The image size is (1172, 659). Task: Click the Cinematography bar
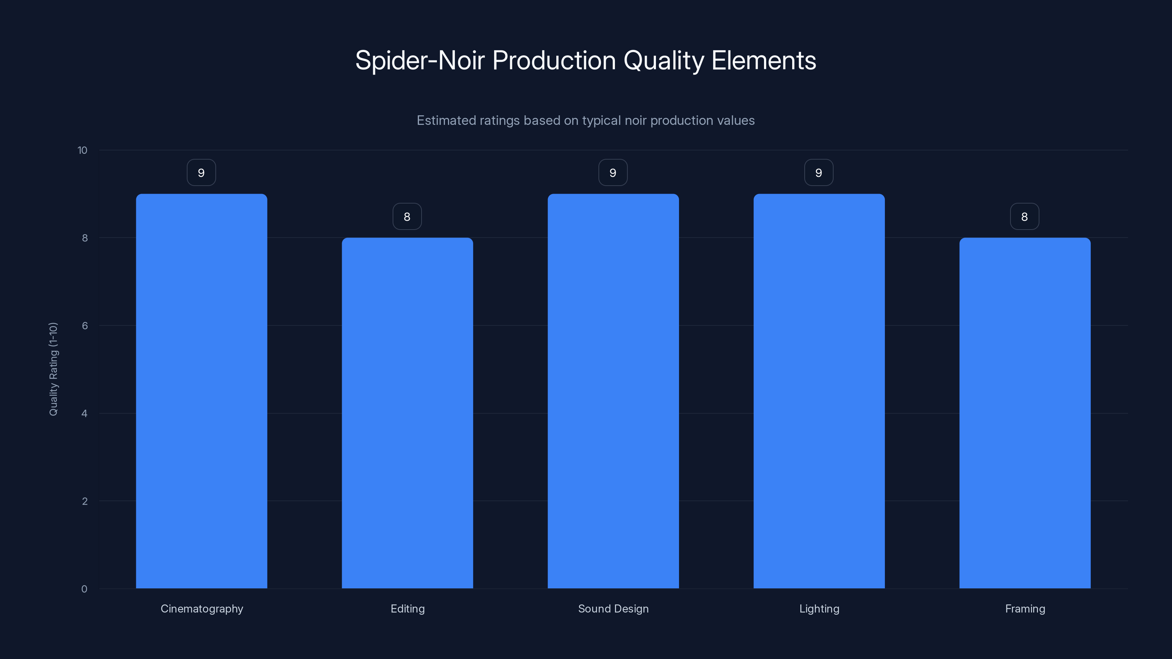[201, 391]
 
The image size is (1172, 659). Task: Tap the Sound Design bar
[613, 391]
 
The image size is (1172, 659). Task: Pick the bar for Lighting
[819, 391]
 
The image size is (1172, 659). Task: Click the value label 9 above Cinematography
[201, 173]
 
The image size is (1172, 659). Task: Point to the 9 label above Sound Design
[613, 173]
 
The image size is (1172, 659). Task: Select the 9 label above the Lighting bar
[819, 173]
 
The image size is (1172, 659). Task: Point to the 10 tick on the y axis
[82, 150]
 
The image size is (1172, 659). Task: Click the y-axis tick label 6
[85, 325]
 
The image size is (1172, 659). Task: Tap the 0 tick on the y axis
[84, 589]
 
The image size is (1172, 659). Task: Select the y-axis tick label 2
[85, 501]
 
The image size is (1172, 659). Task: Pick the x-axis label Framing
[1025, 608]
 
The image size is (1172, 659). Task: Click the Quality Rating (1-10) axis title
[53, 369]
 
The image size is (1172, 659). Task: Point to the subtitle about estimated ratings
[586, 120]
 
